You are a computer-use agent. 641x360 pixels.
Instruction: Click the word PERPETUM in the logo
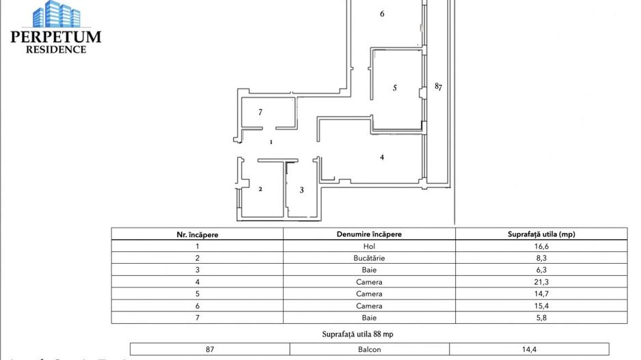click(56, 37)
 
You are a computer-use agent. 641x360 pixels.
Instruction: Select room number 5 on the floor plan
click(395, 87)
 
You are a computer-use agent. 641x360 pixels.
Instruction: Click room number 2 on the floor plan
click(260, 189)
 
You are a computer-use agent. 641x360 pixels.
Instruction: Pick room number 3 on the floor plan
click(301, 190)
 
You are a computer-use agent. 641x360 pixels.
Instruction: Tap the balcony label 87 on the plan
click(439, 87)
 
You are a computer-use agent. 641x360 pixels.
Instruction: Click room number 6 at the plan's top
click(382, 14)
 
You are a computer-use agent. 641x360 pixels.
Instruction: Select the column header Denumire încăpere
click(369, 234)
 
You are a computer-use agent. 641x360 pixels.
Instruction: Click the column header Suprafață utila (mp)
click(541, 234)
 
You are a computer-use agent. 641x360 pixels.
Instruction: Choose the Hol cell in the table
click(369, 246)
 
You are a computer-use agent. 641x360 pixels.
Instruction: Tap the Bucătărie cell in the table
click(369, 258)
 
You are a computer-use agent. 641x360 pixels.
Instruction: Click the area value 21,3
click(541, 282)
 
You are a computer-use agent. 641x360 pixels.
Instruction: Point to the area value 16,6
click(541, 246)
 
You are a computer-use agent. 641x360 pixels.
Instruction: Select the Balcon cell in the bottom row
click(369, 349)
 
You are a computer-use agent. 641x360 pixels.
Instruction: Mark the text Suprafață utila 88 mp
click(369, 334)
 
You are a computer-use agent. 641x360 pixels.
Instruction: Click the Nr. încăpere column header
click(197, 234)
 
